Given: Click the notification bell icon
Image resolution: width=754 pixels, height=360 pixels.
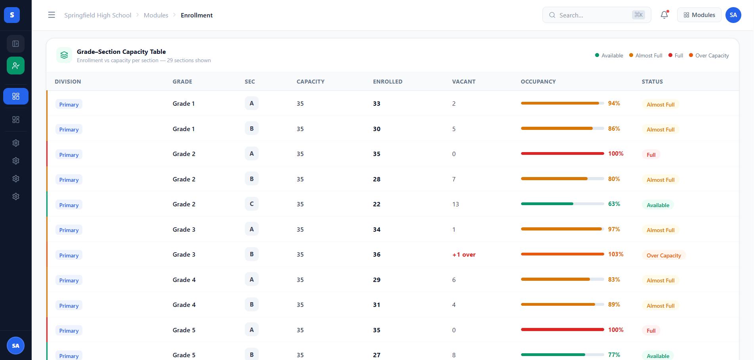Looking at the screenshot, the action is point(664,15).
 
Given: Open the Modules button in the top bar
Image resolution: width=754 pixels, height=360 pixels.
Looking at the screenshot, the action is point(699,15).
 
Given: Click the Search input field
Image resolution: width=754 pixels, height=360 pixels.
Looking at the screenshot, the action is point(597,15).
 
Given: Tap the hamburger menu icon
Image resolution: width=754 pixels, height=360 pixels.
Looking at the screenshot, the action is point(52,15).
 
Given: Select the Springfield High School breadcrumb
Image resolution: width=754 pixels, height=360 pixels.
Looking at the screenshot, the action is point(98,15).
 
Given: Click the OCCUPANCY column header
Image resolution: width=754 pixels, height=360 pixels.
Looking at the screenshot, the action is point(538,82).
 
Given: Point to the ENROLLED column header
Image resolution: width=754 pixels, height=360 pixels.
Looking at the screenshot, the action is point(387,82).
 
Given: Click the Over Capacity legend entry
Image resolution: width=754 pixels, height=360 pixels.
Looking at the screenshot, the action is point(709,55).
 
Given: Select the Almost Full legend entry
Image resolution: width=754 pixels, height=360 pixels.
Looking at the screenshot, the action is point(646,55).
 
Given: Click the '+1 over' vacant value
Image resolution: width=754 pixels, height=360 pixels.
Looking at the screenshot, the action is point(464,255).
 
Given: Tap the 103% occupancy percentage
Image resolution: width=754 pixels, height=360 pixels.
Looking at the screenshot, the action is point(616,254).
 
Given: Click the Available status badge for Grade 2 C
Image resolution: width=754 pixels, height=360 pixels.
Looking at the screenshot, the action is point(658,205).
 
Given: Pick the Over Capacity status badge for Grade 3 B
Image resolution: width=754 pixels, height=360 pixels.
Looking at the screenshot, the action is point(664,255).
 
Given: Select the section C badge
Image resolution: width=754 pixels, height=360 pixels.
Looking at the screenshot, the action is point(252,204).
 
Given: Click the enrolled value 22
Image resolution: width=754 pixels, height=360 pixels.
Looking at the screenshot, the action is point(376,204).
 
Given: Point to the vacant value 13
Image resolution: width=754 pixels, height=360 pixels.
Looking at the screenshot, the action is point(456,204).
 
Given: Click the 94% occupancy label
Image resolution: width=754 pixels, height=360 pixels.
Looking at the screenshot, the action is point(614,103).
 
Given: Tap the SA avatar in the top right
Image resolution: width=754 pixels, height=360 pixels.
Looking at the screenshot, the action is point(733,15).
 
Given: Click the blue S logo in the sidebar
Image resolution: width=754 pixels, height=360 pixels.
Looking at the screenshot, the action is point(12,15).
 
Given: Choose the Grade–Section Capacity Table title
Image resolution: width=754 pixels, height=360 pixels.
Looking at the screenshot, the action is point(121,52).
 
